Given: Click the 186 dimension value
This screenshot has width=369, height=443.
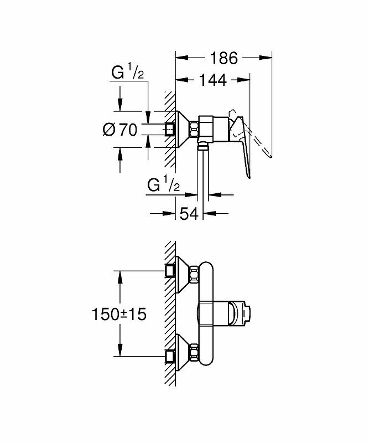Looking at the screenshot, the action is click(224, 58).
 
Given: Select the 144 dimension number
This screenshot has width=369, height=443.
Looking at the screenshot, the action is click(212, 81).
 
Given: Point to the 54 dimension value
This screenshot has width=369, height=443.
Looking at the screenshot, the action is click(189, 214).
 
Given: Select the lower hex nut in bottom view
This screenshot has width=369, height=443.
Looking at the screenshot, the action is click(195, 353).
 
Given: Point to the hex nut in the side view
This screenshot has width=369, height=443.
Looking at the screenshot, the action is click(195, 130).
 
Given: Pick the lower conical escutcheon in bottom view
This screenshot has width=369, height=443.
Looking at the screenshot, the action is click(183, 352).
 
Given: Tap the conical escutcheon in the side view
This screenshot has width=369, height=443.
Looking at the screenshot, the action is click(183, 130).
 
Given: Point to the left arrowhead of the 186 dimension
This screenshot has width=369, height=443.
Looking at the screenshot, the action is click(178, 57).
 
